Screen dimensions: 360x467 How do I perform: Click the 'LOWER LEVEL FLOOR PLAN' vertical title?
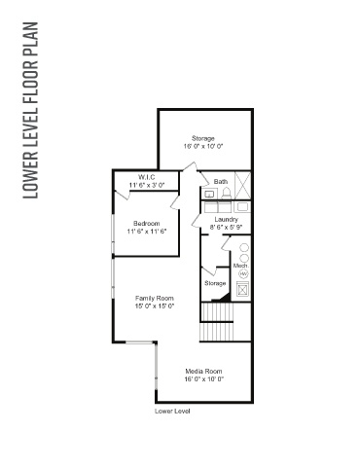tap(31, 110)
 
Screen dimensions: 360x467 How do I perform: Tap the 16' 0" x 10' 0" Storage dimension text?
tap(203, 146)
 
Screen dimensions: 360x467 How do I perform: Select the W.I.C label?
tap(147, 177)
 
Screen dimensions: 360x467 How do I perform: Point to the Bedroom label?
tap(147, 224)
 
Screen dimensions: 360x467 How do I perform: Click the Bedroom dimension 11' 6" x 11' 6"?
tap(147, 232)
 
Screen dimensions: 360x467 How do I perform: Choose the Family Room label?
tap(155, 298)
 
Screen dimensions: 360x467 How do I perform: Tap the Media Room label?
tap(203, 372)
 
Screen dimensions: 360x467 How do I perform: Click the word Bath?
tap(221, 182)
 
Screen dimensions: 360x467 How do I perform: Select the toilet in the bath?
tap(226, 194)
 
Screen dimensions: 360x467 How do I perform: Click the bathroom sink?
tap(209, 195)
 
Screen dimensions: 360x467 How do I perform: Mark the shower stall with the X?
tap(242, 185)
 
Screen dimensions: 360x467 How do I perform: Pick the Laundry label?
tap(227, 220)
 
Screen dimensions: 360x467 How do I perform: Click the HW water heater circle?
tap(243, 274)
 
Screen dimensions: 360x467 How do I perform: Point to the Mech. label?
tap(241, 266)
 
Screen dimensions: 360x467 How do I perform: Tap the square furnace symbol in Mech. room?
tap(242, 289)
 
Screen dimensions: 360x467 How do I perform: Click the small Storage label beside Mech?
tap(215, 283)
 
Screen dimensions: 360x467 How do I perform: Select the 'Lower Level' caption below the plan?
tap(172, 412)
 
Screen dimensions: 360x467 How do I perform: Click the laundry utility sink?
tap(242, 207)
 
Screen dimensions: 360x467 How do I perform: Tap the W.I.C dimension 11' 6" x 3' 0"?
tap(147, 185)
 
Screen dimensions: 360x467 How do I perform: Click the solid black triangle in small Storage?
tap(226, 297)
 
